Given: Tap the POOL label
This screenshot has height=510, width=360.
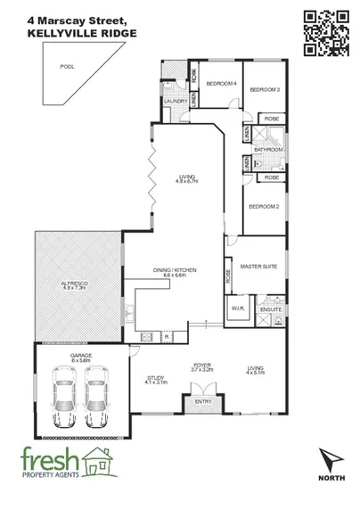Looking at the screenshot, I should pos(65,67).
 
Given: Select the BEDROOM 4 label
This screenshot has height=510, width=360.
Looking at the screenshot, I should pos(220,83).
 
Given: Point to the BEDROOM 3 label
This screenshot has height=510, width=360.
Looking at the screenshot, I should pos(265,89).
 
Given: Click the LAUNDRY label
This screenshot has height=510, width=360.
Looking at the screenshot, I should pos(175,101).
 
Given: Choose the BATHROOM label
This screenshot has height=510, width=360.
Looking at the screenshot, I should pos(268,150).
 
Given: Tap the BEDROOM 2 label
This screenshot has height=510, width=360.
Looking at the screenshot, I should pos(265,206).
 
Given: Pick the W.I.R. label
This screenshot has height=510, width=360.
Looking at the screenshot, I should pos(238,308).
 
